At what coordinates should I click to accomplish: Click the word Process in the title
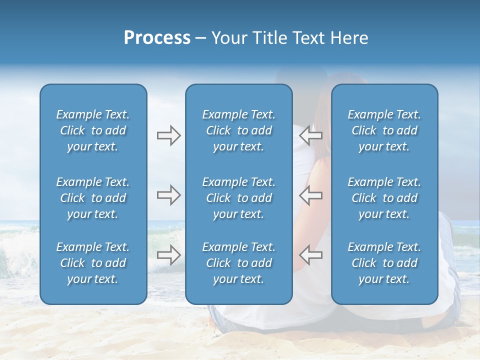click(x=157, y=38)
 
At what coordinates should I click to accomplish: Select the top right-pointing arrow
click(x=168, y=135)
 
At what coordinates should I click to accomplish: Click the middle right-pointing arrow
click(x=168, y=195)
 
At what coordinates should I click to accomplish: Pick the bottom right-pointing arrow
click(x=168, y=254)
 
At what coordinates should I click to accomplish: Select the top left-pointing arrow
click(x=310, y=135)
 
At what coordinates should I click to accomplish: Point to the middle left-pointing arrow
click(x=310, y=195)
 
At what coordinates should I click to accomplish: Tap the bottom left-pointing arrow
click(x=310, y=254)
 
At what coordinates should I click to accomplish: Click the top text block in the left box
click(x=93, y=130)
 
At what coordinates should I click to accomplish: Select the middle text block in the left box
click(x=93, y=198)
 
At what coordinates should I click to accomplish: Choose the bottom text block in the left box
click(x=93, y=263)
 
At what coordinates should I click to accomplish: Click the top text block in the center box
click(x=239, y=130)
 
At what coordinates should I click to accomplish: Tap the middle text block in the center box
click(x=239, y=198)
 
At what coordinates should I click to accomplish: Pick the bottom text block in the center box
click(x=239, y=263)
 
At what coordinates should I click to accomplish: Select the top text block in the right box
click(x=384, y=130)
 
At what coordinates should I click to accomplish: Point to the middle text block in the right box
click(x=384, y=198)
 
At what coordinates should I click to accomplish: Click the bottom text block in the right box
click(x=384, y=263)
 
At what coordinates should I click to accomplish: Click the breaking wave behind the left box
click(x=20, y=250)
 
